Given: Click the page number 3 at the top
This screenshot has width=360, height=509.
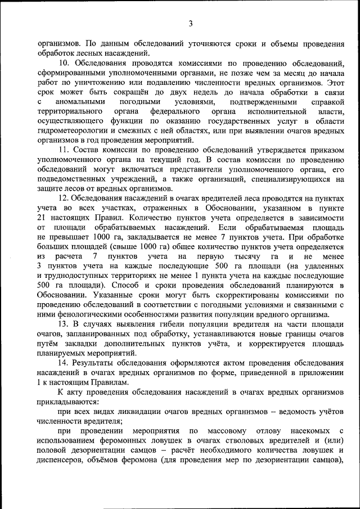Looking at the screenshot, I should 191,23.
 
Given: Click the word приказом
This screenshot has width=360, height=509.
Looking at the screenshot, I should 326,150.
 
